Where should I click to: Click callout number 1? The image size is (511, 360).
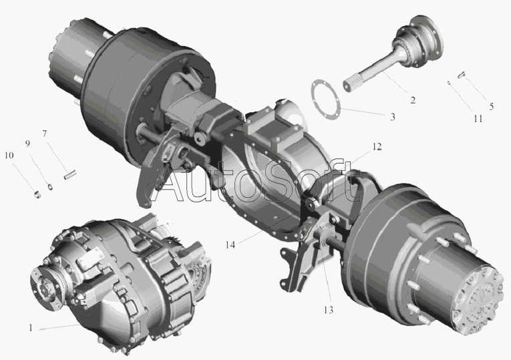click(31, 328)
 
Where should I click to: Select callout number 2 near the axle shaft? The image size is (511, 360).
click(413, 100)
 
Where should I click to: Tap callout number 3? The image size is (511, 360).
click(393, 117)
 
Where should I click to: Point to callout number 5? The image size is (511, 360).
click(492, 107)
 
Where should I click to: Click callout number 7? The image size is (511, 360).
click(44, 134)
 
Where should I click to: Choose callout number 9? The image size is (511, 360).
click(27, 144)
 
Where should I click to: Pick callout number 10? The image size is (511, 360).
click(9, 155)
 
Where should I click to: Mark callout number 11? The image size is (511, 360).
click(478, 119)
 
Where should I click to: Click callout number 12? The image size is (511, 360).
click(377, 147)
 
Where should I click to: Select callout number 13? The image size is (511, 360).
click(329, 310)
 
